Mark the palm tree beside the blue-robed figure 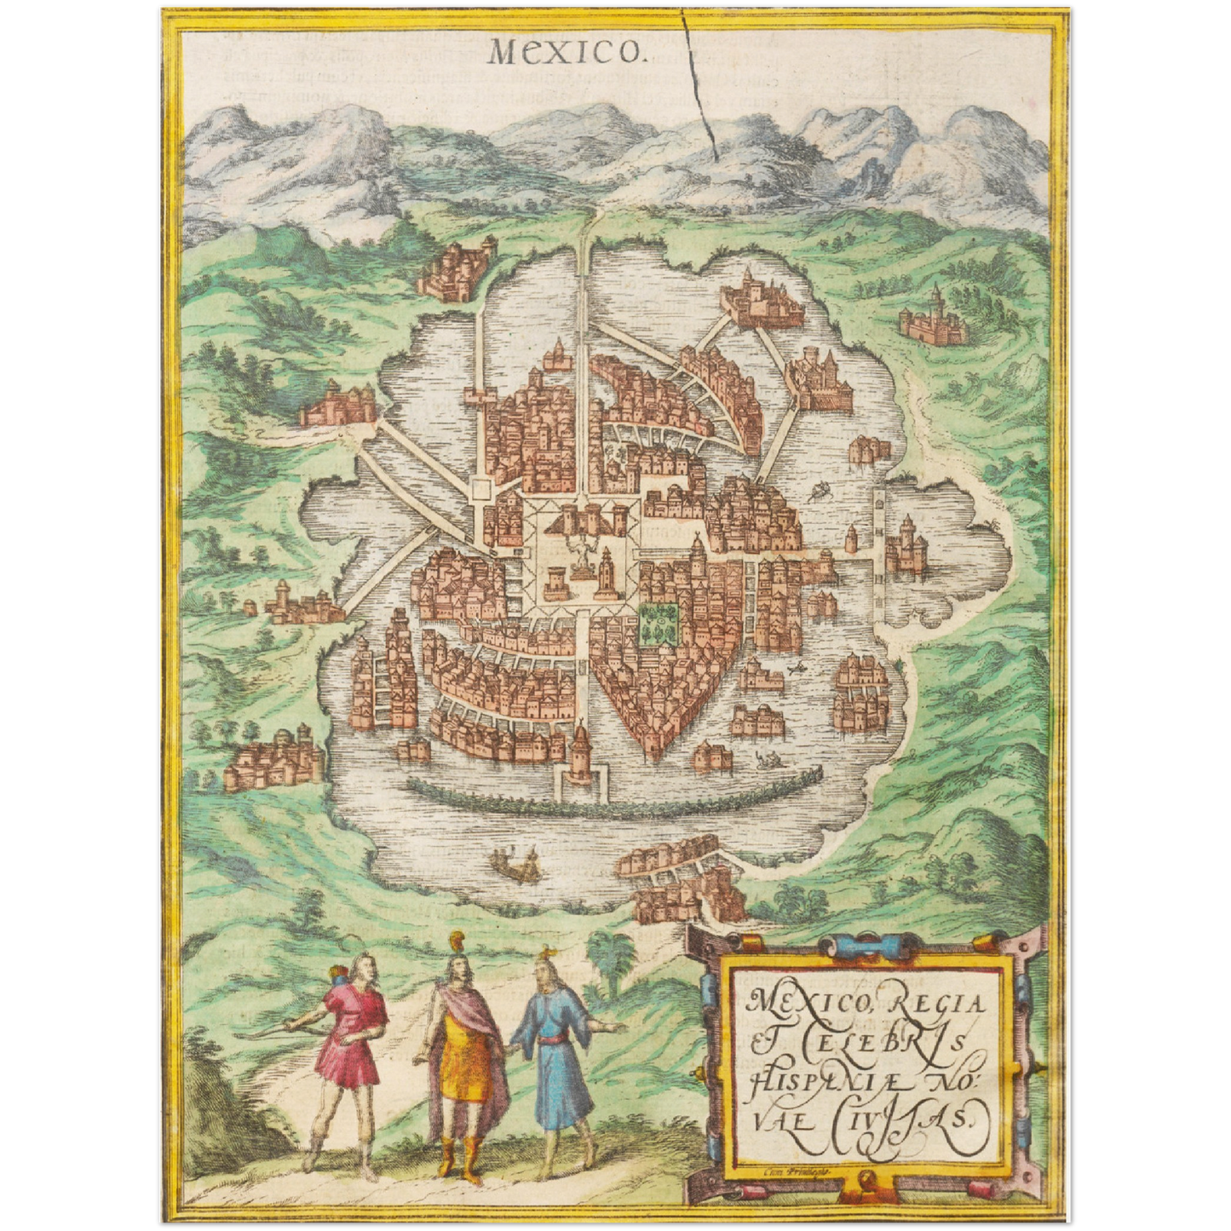(609, 954)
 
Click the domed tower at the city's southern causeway (581, 750)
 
